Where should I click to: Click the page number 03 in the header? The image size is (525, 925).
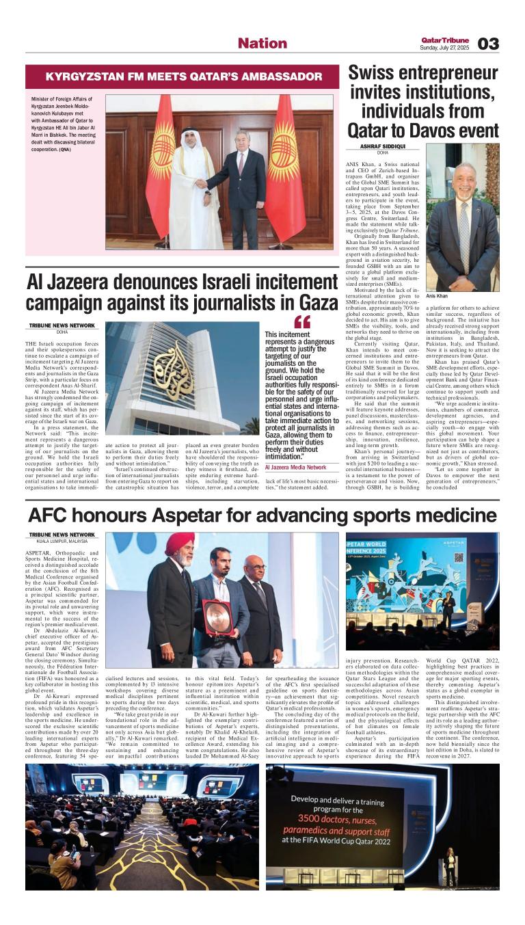(488, 44)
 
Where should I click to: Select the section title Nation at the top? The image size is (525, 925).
(262, 43)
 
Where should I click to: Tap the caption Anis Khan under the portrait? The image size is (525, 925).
(436, 295)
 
